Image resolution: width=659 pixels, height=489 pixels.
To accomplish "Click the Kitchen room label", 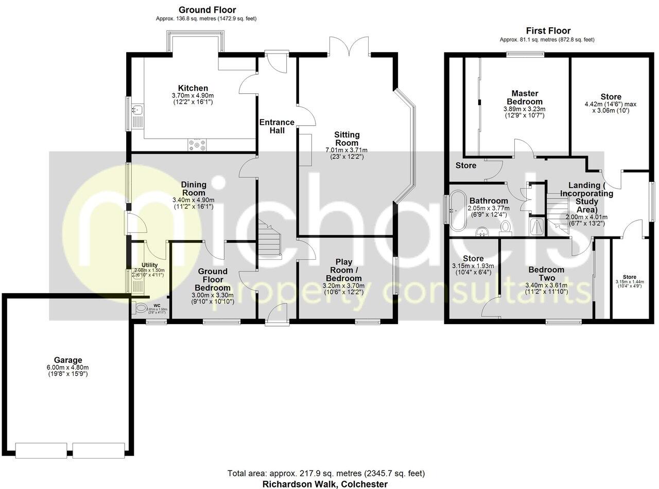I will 193,88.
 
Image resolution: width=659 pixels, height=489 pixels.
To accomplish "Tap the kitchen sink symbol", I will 138,110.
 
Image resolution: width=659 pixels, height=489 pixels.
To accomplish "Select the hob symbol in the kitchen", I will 199,145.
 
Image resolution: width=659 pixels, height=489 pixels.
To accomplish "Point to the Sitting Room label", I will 347,138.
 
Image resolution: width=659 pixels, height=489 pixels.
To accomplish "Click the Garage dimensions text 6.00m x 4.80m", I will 68,367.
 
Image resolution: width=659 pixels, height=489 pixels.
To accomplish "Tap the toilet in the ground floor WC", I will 140,308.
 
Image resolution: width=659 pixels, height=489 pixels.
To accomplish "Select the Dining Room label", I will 194,189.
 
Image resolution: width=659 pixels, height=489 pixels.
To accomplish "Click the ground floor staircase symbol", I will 270,239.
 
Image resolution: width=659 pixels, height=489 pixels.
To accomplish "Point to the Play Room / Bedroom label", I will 347,269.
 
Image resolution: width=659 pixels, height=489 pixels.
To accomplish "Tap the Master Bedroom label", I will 525,97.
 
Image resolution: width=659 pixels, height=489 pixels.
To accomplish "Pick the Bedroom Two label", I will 546,274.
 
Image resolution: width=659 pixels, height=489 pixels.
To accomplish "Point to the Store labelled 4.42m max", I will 610,97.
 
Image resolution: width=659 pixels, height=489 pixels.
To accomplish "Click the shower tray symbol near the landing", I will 537,225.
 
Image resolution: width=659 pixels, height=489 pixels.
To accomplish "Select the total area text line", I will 326,473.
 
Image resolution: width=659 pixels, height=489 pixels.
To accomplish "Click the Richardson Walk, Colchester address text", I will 325,484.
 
